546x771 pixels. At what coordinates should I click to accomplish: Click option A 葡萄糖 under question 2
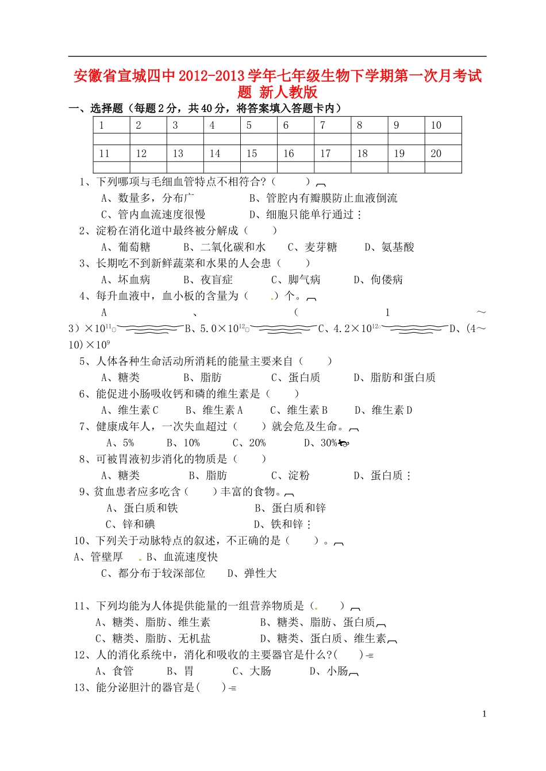pyautogui.click(x=126, y=247)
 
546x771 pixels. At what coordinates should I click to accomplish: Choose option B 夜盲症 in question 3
pyautogui.click(x=208, y=280)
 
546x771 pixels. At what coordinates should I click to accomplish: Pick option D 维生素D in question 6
pyautogui.click(x=383, y=410)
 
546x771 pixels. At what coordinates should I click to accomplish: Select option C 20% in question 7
pyautogui.click(x=249, y=443)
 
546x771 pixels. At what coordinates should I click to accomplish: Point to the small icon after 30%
pyautogui.click(x=344, y=443)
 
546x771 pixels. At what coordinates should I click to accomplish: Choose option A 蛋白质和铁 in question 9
pyautogui.click(x=143, y=508)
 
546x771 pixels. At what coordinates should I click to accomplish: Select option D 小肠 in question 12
pyautogui.click(x=329, y=671)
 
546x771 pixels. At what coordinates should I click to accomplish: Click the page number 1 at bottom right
pyautogui.click(x=484, y=714)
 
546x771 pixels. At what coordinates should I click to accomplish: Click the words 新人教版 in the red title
pyautogui.click(x=289, y=92)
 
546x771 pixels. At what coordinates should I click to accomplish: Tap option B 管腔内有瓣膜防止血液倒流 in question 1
pyautogui.click(x=323, y=198)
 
